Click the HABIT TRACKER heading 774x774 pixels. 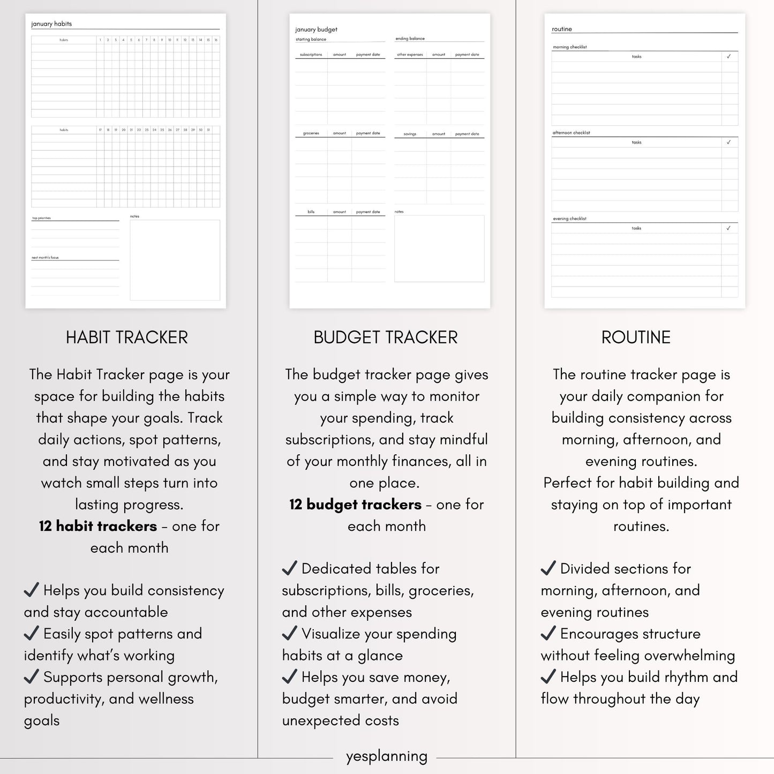click(127, 337)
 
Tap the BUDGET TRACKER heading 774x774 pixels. click(386, 337)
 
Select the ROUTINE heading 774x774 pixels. click(636, 337)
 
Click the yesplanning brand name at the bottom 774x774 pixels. click(386, 756)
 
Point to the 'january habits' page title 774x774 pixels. click(51, 24)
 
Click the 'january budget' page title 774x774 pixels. click(316, 29)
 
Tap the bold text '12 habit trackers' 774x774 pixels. click(98, 526)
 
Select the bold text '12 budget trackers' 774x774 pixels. click(355, 505)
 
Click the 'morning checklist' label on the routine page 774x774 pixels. click(570, 47)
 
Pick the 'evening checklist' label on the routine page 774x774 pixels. click(570, 219)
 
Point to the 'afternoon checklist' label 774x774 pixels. click(572, 133)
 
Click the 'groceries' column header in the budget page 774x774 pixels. click(311, 133)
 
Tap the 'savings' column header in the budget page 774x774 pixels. click(410, 134)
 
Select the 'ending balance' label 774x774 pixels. click(410, 39)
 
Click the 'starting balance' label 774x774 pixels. click(311, 40)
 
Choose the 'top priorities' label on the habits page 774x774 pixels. click(41, 218)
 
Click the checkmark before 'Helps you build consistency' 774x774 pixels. click(32, 590)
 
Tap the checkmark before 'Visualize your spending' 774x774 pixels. click(290, 633)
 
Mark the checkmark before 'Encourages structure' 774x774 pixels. click(548, 633)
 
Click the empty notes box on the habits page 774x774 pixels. click(175, 260)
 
